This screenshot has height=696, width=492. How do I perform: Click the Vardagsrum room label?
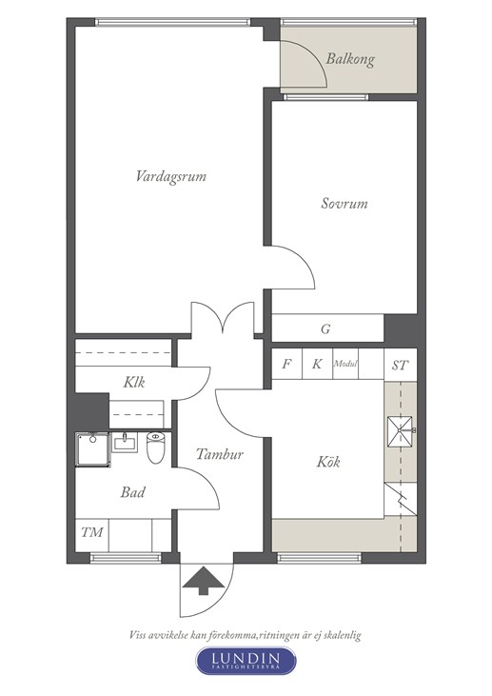point(170,177)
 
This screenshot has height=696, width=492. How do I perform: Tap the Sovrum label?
point(344,204)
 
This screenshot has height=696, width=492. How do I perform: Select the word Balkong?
point(350,59)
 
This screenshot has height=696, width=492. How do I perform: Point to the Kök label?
point(328,462)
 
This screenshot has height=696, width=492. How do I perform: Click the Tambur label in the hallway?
point(220,454)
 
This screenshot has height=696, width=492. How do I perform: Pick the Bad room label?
point(132,492)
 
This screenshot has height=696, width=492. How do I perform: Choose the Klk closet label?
point(134,382)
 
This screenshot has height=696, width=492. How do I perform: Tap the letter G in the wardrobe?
point(325,329)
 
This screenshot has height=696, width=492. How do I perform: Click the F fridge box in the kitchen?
point(286,364)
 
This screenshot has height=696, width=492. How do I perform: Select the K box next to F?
point(317,364)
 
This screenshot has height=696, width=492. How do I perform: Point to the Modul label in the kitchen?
point(345,364)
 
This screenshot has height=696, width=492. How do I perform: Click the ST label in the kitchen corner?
point(400,366)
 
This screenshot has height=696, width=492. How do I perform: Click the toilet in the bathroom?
point(156,447)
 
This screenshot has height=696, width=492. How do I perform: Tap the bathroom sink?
point(125,443)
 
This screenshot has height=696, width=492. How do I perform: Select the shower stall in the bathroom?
point(92,449)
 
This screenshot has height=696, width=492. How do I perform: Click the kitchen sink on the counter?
point(401,431)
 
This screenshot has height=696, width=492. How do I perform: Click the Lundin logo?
point(246,661)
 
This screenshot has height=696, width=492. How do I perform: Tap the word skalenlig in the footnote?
point(342,635)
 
